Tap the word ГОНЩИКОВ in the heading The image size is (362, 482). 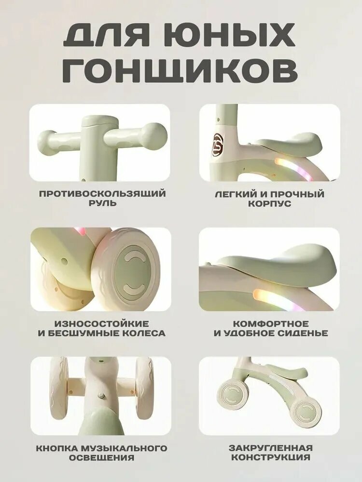coord(181,70)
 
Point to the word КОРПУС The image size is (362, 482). coord(269,204)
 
